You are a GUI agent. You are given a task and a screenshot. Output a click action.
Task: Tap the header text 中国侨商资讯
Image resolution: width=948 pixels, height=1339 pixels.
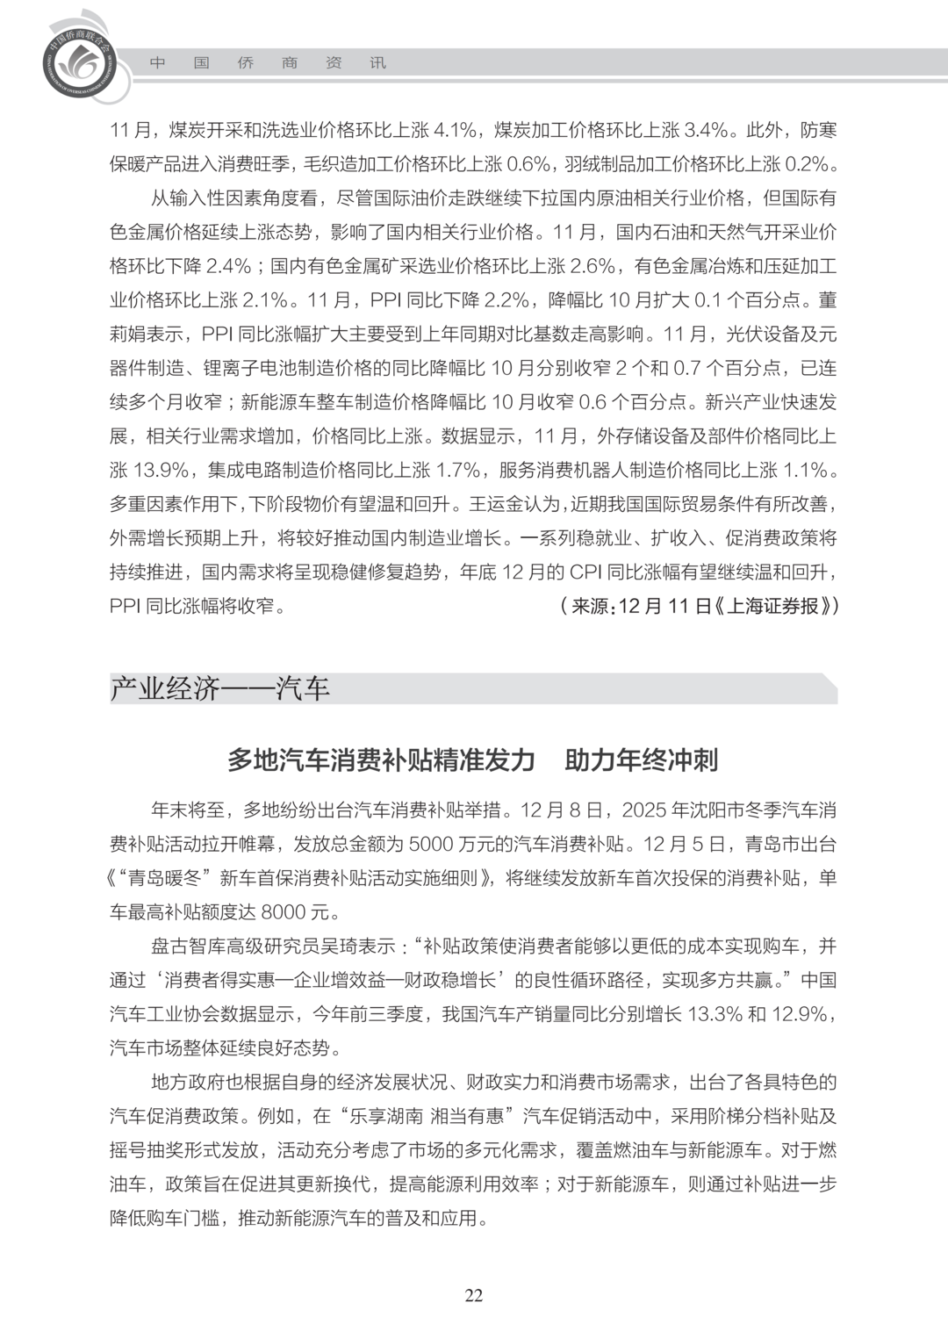[x=268, y=63]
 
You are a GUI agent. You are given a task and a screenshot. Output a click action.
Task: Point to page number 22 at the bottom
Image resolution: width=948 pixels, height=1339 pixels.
[x=474, y=1296]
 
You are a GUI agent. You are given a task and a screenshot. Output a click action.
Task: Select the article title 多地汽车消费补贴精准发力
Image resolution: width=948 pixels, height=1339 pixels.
[x=381, y=759]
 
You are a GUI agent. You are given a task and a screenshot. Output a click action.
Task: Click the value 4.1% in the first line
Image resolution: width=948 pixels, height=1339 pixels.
[x=456, y=130]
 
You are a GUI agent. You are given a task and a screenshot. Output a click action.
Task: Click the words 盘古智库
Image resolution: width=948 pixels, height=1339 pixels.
[x=183, y=947]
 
